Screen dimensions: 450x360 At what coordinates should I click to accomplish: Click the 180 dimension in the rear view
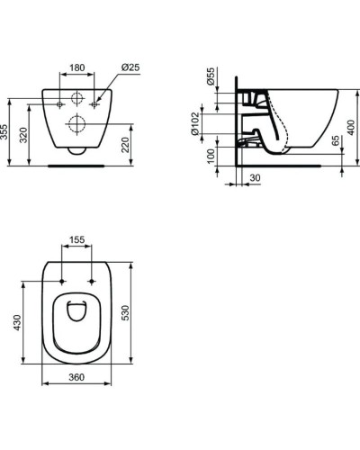tap(77, 67)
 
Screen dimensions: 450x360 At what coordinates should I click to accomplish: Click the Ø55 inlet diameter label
tap(210, 77)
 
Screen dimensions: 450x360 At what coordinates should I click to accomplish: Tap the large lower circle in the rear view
tap(77, 123)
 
